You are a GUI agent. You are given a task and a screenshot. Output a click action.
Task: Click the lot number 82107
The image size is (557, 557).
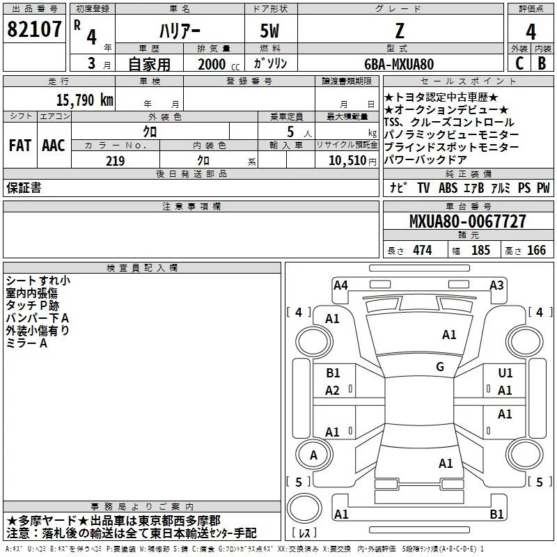coord(34,29)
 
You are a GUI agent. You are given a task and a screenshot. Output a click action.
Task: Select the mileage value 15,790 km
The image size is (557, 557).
coord(84,100)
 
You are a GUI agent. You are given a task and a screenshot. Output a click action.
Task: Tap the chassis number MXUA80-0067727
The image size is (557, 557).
coord(467,221)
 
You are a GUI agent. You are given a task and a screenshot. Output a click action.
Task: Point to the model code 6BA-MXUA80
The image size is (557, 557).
coord(399,64)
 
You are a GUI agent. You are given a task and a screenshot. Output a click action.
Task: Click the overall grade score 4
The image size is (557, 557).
coord(531,32)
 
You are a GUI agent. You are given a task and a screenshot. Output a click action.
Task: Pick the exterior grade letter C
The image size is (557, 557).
coord(519,63)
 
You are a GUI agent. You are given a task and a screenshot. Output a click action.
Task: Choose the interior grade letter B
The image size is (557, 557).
coord(542,63)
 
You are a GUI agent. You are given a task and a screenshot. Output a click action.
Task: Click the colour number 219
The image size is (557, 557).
coord(115,161)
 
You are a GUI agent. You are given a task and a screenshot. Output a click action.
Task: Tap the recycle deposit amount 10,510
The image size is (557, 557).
coord(347,161)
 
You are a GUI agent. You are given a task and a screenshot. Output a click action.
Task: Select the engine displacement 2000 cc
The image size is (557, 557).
coord(219,64)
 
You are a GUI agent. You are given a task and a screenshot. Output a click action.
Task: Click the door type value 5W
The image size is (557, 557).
coord(269,31)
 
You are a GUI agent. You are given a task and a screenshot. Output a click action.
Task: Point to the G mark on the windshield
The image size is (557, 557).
coord(440,366)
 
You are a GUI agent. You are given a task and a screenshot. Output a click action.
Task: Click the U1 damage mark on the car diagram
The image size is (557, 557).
coord(505,372)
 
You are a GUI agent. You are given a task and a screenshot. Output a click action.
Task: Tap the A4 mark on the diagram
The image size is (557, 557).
coord(340,285)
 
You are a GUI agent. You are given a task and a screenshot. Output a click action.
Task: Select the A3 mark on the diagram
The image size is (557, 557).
coord(496,285)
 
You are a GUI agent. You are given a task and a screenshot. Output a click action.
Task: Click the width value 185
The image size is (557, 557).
coord(480,250)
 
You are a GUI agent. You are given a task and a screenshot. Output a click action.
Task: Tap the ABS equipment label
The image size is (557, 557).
coord(448,188)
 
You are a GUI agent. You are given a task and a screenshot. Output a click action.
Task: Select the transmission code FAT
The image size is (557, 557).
coord(20,146)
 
